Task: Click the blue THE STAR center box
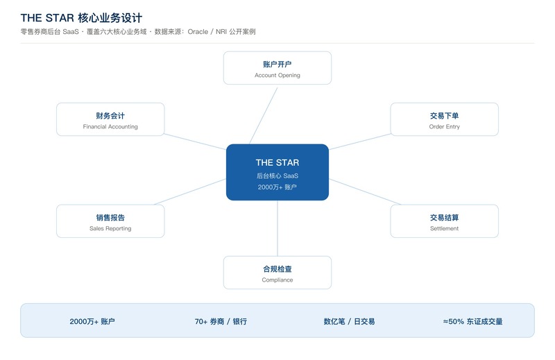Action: click(x=277, y=172)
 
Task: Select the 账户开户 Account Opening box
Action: click(x=277, y=68)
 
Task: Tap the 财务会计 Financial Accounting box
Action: click(x=110, y=119)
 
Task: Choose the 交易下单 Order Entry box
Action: click(x=444, y=119)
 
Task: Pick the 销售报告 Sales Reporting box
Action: click(x=110, y=221)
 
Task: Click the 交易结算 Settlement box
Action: click(x=444, y=221)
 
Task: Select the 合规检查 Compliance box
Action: click(x=277, y=273)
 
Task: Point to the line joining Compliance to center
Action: click(x=277, y=228)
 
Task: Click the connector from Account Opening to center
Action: click(x=264, y=116)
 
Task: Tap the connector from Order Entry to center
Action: click(x=359, y=142)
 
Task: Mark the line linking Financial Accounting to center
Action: click(x=195, y=142)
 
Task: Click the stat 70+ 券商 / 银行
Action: click(x=221, y=321)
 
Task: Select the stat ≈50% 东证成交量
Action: click(x=472, y=321)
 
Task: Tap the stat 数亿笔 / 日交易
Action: click(x=349, y=321)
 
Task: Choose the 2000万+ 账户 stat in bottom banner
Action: click(x=92, y=321)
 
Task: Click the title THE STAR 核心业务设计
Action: click(x=81, y=18)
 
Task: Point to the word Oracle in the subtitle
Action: click(x=198, y=31)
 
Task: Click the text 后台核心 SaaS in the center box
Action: click(x=277, y=175)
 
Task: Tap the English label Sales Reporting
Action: click(x=110, y=228)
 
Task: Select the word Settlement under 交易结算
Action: click(x=444, y=228)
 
